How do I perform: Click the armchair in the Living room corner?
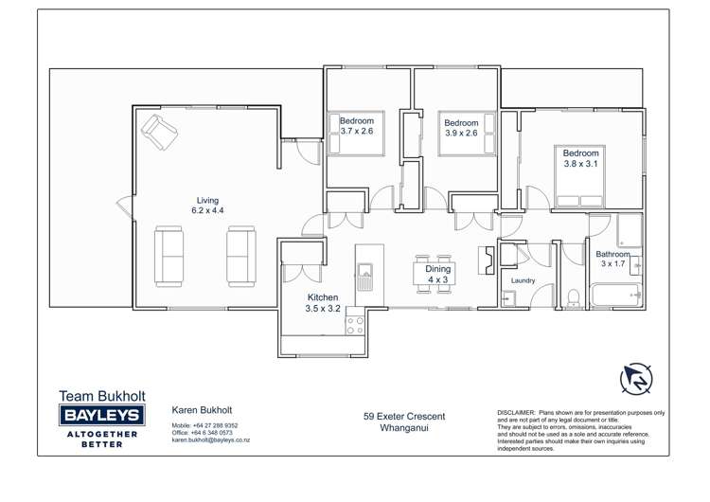[158, 131]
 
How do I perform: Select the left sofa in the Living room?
[169, 256]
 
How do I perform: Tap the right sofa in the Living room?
[240, 256]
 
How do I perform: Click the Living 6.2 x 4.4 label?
[207, 206]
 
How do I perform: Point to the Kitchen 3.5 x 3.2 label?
[322, 303]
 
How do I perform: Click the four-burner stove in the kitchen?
[355, 325]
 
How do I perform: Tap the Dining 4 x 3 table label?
[438, 275]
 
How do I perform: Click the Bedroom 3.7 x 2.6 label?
[357, 126]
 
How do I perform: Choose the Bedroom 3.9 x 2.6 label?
[461, 128]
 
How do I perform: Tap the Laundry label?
[523, 280]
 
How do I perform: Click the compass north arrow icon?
[636, 379]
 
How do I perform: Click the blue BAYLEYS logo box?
[101, 415]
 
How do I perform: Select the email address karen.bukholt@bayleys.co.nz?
[210, 440]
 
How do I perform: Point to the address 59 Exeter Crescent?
[404, 416]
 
